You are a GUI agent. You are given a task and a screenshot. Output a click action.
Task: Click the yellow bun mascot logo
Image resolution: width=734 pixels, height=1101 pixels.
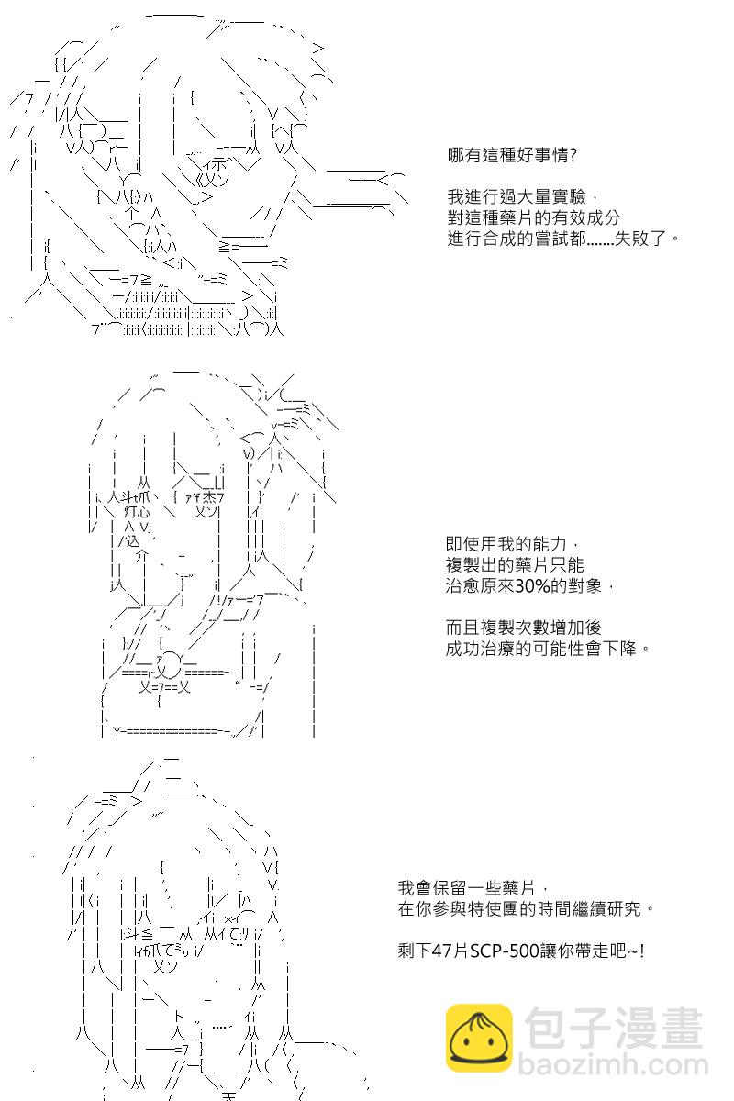(x=479, y=1038)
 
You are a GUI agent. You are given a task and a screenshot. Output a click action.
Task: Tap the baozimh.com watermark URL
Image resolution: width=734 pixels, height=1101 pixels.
(x=614, y=1064)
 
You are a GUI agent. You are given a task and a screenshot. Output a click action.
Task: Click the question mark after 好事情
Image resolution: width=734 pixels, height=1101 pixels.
(x=573, y=155)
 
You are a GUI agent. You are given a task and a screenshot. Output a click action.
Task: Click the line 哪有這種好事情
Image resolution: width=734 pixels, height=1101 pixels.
(x=512, y=155)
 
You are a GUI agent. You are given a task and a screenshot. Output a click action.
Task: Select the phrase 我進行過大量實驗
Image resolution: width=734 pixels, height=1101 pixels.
(x=517, y=197)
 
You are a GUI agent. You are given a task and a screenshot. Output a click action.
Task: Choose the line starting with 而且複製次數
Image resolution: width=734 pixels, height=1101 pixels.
(x=523, y=628)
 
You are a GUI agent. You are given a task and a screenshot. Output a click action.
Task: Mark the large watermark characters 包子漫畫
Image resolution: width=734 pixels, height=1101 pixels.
(x=614, y=1027)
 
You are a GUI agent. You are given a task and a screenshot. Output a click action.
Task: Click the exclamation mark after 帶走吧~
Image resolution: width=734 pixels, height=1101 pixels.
(x=642, y=951)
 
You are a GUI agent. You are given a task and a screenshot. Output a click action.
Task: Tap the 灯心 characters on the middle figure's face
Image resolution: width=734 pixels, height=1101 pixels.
(x=137, y=512)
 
